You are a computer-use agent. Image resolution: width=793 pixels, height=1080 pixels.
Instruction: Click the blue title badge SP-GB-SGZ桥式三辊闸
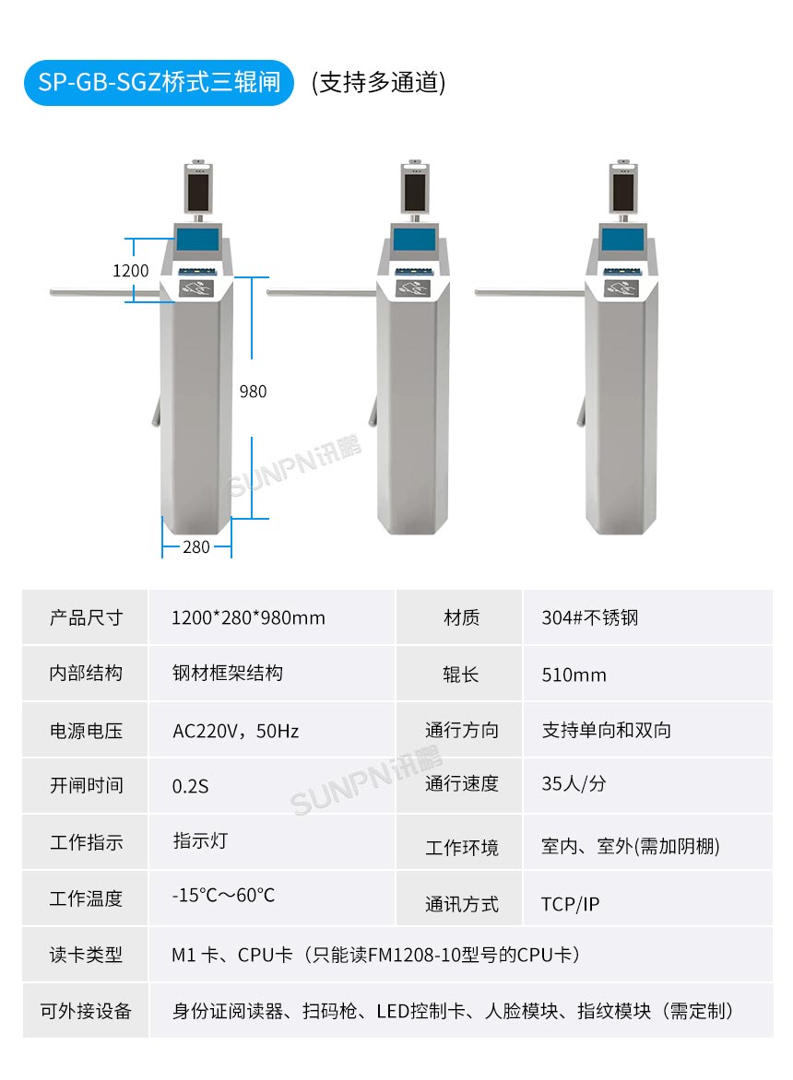tap(159, 82)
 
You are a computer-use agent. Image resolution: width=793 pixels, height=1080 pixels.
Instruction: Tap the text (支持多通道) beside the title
tap(378, 82)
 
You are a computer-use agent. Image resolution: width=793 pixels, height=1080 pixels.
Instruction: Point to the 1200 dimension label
tap(130, 271)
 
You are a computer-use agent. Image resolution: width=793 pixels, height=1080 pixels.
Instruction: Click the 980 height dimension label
tap(253, 392)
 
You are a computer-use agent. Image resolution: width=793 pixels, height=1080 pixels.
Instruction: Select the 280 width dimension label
tap(195, 546)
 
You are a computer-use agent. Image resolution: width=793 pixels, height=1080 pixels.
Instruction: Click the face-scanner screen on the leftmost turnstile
tap(198, 190)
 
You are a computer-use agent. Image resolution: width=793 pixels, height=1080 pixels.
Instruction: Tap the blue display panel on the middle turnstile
tap(413, 240)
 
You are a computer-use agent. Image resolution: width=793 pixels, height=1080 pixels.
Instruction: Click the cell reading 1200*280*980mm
tap(248, 617)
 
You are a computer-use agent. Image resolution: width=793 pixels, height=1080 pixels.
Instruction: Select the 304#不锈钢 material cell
tap(589, 617)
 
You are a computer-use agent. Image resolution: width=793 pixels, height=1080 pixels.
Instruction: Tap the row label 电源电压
tap(86, 731)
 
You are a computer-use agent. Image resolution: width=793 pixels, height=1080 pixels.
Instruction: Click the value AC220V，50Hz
tap(236, 731)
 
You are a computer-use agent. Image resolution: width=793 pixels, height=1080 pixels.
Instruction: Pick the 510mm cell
tap(574, 675)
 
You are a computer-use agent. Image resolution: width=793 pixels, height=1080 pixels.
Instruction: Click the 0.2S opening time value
tap(191, 786)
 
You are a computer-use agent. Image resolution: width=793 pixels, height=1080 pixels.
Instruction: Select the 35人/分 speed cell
tap(574, 784)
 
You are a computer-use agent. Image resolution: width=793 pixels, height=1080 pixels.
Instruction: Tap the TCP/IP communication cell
tap(570, 904)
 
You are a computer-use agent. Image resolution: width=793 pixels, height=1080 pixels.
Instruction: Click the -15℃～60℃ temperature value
tap(223, 895)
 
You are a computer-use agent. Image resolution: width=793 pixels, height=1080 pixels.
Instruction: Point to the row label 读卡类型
tap(86, 955)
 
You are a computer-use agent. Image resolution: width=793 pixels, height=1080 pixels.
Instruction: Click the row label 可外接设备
tap(86, 1011)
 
